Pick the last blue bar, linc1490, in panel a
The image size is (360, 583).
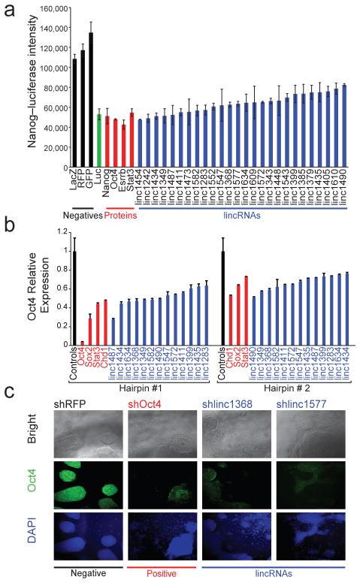(344, 116)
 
